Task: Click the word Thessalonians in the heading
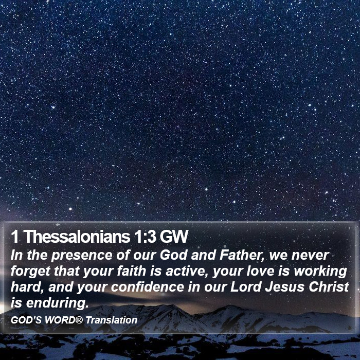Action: tap(78, 236)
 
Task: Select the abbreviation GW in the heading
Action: tap(174, 237)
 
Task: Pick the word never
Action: tap(310, 255)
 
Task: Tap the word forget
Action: tap(30, 272)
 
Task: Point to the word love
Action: tap(260, 271)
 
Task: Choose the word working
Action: tap(320, 272)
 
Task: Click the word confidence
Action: tap(148, 287)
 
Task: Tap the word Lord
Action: tap(246, 287)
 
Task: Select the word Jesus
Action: tap(285, 287)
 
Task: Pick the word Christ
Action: tap(329, 287)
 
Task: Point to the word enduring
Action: tap(58, 303)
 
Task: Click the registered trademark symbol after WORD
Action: tap(79, 319)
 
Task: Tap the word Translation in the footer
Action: tap(112, 320)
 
